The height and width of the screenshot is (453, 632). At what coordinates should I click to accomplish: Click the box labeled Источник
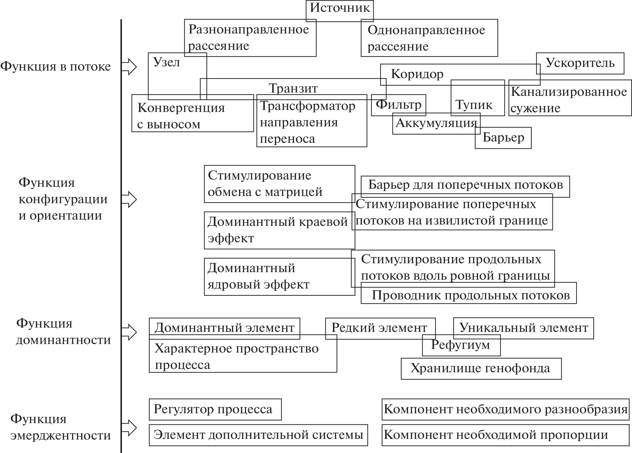tap(339, 8)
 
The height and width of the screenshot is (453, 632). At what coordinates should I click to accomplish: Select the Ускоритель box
tap(580, 63)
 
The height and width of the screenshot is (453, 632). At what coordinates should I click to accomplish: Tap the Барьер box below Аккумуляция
tap(503, 138)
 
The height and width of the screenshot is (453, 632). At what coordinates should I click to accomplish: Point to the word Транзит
tap(293, 88)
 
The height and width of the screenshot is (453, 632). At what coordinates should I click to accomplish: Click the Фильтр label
tap(398, 105)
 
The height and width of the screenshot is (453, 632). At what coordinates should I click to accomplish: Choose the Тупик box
tap(474, 105)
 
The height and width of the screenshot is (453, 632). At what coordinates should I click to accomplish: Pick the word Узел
tap(167, 62)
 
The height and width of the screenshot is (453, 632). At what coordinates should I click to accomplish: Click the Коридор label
tap(417, 74)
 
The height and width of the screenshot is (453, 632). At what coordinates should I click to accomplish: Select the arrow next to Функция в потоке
tap(129, 67)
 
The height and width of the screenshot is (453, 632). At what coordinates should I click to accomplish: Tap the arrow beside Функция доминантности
tap(129, 332)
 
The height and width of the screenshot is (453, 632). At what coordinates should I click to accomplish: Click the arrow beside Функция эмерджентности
tap(129, 427)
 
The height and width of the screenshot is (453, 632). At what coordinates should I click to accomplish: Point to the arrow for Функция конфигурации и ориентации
tap(129, 199)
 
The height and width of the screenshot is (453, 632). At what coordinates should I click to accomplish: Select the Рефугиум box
tap(461, 345)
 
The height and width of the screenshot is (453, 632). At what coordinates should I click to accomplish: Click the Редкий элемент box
tap(380, 328)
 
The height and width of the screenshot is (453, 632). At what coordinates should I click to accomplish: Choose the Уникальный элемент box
tap(523, 328)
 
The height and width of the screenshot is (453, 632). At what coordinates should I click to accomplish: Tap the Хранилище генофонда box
tap(480, 369)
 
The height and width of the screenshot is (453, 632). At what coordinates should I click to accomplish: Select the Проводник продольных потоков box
tap(470, 295)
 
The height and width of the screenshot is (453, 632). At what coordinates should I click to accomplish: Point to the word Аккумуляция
tap(436, 123)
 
